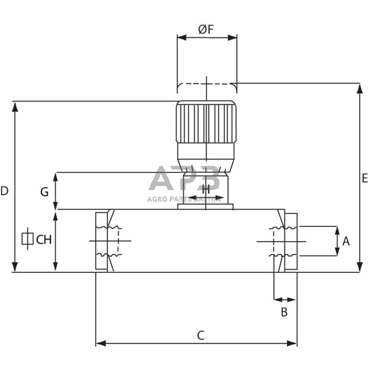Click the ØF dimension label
click(x=206, y=29)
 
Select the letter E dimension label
click(x=364, y=178)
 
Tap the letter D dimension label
click(x=5, y=191)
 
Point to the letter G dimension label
click(x=44, y=192)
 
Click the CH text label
click(x=44, y=239)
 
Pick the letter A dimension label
click(x=346, y=241)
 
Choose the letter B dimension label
click(x=284, y=312)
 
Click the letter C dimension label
click(x=200, y=335)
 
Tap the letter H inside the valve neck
click(x=205, y=189)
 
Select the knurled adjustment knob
click(x=206, y=122)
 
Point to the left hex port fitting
click(x=102, y=241)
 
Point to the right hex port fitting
click(x=291, y=241)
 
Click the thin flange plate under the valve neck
click(x=205, y=207)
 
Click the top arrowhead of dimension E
click(x=360, y=88)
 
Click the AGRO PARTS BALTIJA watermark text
click(x=183, y=199)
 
